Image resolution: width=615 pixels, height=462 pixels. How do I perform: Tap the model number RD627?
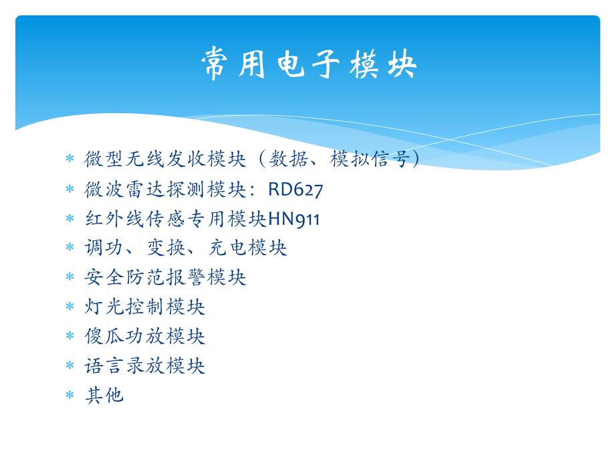tap(295, 189)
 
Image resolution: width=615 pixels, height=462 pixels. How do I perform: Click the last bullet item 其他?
tap(104, 395)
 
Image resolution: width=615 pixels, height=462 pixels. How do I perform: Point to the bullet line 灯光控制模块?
tap(144, 307)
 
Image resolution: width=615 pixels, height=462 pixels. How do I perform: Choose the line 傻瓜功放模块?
tap(144, 336)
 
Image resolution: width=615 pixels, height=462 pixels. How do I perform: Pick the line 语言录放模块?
tap(144, 366)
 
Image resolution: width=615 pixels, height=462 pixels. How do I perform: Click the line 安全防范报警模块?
tap(165, 277)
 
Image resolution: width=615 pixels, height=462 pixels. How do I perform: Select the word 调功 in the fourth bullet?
tap(104, 248)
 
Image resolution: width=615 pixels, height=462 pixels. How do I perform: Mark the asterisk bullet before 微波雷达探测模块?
tap(70, 190)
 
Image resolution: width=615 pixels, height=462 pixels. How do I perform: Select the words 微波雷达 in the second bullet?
tap(124, 189)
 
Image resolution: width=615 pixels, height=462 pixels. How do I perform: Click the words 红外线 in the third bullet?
tap(114, 218)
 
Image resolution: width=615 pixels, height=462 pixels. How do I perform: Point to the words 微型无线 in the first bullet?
tap(124, 159)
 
